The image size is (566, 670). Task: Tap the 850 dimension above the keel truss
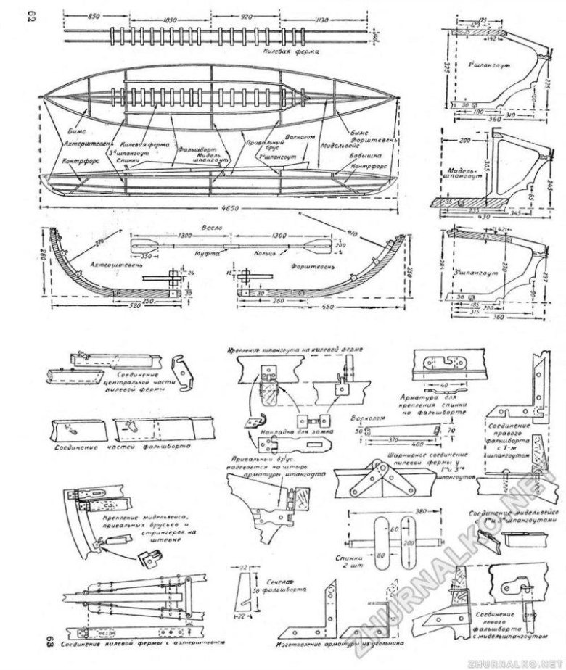tap(91, 15)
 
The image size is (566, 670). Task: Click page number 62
tap(52, 15)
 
